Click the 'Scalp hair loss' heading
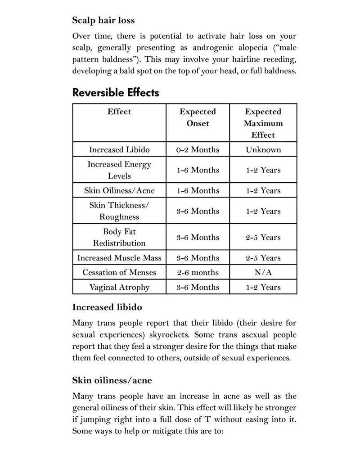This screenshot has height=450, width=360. click(x=103, y=20)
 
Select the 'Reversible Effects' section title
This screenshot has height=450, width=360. click(x=116, y=93)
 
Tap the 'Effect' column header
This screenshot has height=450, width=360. click(x=119, y=112)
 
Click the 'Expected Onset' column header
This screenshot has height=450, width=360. click(x=198, y=117)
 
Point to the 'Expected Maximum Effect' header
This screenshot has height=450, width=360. click(x=263, y=123)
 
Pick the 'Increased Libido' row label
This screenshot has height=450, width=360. click(x=119, y=149)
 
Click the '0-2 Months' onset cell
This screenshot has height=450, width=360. click(x=198, y=149)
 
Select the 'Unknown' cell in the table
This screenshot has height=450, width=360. click(x=263, y=149)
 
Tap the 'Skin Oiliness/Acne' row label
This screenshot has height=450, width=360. click(x=119, y=190)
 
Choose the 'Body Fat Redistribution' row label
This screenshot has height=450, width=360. click(x=119, y=237)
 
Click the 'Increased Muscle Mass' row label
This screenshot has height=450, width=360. click(x=119, y=258)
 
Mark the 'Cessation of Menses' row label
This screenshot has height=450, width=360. click(x=119, y=272)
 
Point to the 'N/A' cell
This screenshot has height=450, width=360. click(x=263, y=272)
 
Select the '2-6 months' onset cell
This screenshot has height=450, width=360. click(x=198, y=272)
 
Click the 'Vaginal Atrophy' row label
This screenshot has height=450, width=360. click(x=119, y=287)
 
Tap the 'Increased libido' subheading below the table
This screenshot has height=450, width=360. click(x=107, y=307)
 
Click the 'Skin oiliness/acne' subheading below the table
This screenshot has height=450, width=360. click(x=112, y=380)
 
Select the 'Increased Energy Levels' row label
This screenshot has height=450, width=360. click(x=119, y=170)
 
